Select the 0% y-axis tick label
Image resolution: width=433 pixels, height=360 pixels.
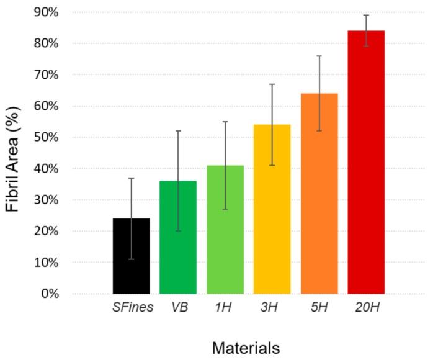[x=48, y=294]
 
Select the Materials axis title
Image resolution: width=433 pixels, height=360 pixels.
[x=246, y=347]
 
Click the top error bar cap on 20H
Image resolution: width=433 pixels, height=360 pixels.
[x=366, y=15]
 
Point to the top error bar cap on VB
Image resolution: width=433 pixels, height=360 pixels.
[x=178, y=131]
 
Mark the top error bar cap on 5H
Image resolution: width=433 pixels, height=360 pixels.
[x=319, y=56]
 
